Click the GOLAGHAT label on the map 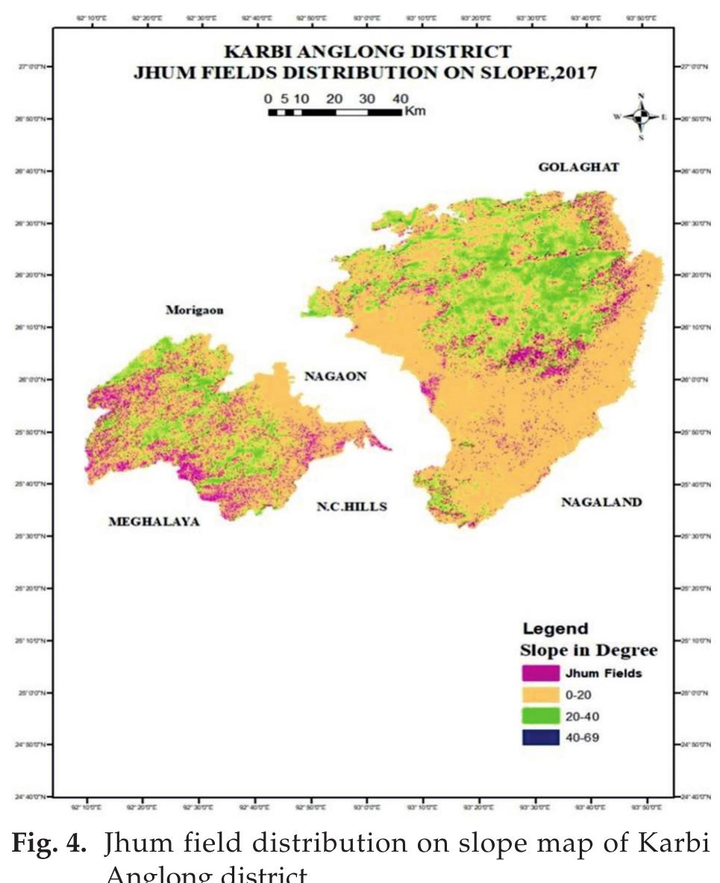pos(578,167)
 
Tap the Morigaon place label pos(194,310)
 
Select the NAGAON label pos(335,376)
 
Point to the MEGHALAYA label pos(154,522)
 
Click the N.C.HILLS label pos(352,506)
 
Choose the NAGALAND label pos(601,502)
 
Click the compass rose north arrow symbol pos(641,117)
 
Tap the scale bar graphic pos(334,112)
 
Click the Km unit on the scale pos(414,111)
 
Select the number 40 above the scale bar pos(399,99)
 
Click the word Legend pos(555,628)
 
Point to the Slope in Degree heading pos(588,650)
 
